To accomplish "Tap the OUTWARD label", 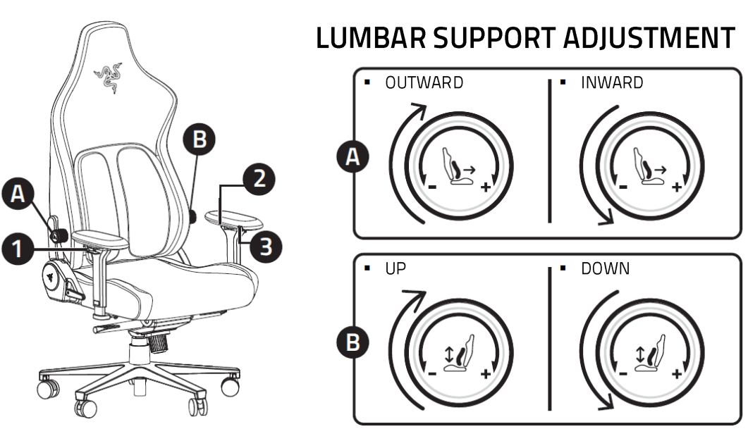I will (x=424, y=83).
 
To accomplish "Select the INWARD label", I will (x=611, y=83).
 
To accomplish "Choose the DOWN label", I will (x=605, y=269).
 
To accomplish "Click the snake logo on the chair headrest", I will (x=109, y=77).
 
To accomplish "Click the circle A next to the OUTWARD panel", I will (x=352, y=157).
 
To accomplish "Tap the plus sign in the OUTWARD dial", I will (x=485, y=187).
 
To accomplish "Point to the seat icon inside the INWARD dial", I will (x=649, y=166).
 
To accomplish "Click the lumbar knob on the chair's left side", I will (x=59, y=233).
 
